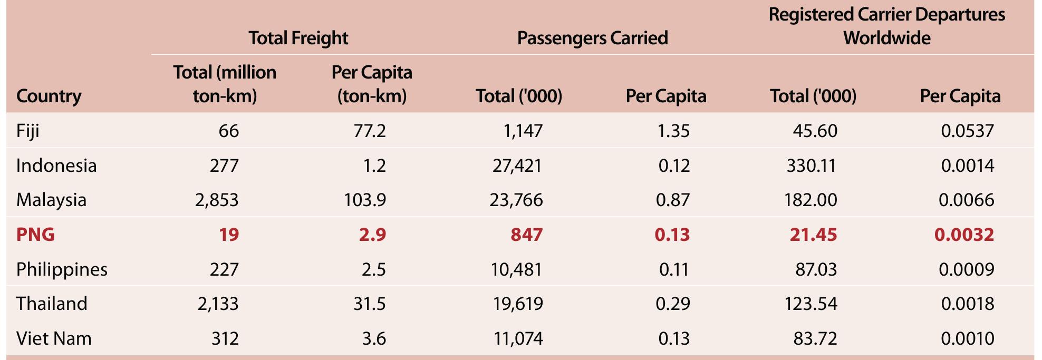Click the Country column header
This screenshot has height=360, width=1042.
click(49, 96)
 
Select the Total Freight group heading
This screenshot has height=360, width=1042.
click(298, 38)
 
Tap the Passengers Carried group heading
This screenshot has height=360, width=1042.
click(593, 38)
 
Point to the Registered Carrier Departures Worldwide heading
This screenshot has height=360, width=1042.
click(887, 26)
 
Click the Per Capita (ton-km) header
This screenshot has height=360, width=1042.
click(372, 84)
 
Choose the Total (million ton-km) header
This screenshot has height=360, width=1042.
click(225, 84)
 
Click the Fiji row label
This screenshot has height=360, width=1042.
click(28, 131)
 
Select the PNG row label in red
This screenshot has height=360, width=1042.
click(35, 235)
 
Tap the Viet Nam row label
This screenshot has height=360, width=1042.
click(54, 338)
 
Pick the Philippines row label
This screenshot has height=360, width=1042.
click(62, 269)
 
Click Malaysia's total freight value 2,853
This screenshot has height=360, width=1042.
click(217, 200)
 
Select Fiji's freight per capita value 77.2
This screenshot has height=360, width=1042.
click(370, 131)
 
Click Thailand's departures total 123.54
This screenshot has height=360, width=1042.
click(811, 304)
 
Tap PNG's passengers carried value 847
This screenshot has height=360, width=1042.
click(526, 235)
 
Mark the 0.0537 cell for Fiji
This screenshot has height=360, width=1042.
click(968, 131)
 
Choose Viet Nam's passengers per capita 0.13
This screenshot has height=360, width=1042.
click(674, 338)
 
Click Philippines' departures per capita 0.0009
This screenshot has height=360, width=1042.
click(967, 269)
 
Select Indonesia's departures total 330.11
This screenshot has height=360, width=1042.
click(812, 166)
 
